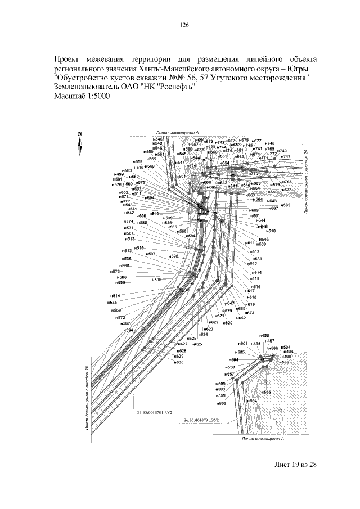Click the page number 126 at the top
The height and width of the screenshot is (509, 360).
tap(183, 25)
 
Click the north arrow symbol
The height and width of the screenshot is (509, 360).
tap(80, 144)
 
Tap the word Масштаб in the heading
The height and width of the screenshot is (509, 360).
tap(67, 97)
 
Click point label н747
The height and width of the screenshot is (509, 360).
tap(286, 157)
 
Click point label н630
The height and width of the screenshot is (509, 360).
tap(179, 362)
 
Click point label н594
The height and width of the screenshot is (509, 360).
tap(128, 330)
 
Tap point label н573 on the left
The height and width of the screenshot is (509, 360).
tap(116, 271)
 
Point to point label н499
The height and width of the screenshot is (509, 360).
tap(119, 175)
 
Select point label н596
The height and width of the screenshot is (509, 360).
tap(157, 280)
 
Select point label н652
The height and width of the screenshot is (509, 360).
tap(241, 318)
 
